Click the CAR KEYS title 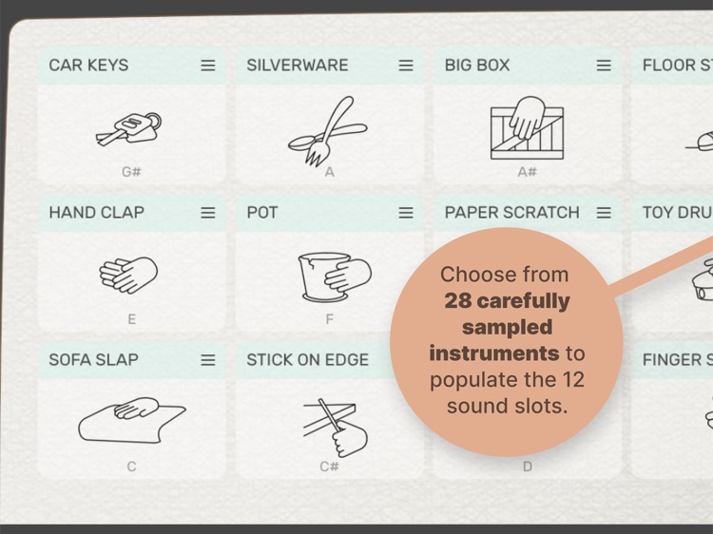click(88, 66)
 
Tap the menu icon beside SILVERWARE click(406, 66)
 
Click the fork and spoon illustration click(326, 130)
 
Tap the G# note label click(131, 172)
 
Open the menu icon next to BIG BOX click(604, 66)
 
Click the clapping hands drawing click(129, 275)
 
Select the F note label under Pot click(330, 319)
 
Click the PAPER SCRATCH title click(511, 213)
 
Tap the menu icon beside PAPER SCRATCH click(604, 213)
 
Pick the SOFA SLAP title click(93, 360)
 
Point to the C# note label click(330, 467)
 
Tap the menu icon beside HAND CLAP click(208, 213)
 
